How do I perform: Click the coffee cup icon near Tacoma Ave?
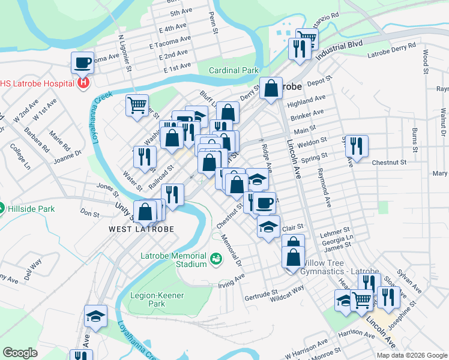coord(82,62)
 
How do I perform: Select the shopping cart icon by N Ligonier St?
coord(137,104)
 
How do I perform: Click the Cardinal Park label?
coord(234,70)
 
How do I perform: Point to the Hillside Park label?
coord(31,209)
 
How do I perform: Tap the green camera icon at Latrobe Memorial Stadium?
coord(216,260)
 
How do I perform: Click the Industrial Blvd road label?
coord(342,49)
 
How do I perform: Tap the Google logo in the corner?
coord(20,353)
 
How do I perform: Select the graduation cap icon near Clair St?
coord(268,226)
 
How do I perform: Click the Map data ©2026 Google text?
coord(412,355)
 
